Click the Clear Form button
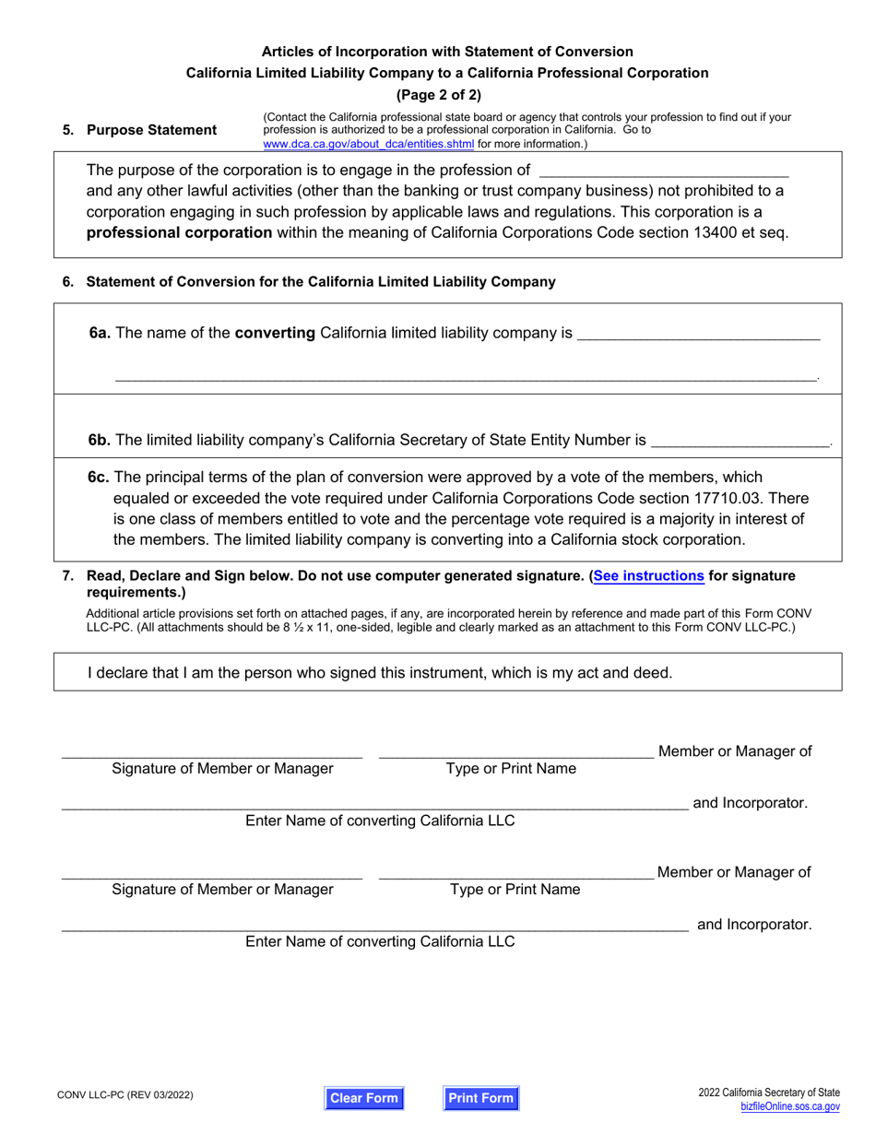click(364, 1098)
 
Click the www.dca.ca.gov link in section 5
click(369, 144)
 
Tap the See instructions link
click(649, 576)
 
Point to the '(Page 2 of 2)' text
click(439, 94)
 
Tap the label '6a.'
click(101, 333)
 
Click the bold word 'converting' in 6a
click(276, 333)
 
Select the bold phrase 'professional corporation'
click(179, 233)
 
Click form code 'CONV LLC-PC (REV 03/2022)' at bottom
click(128, 1096)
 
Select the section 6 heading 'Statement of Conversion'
click(320, 282)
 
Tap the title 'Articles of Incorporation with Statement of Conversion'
click(447, 52)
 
